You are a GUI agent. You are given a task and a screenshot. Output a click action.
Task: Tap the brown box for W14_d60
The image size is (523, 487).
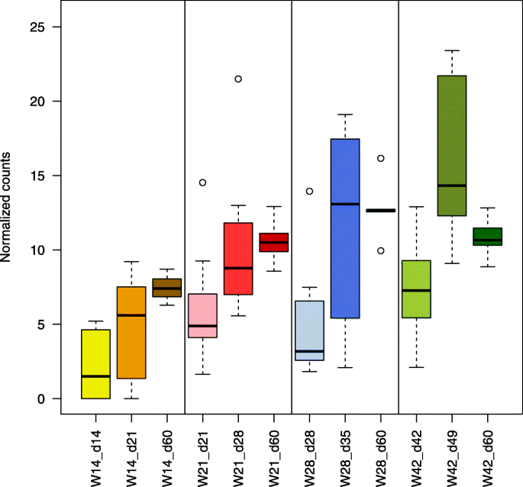[166, 288]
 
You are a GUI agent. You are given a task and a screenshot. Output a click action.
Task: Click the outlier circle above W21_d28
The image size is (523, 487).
[238, 79]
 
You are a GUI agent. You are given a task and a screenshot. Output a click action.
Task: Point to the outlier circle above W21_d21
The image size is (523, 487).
[202, 182]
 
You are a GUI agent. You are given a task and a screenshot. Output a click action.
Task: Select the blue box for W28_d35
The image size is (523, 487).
[345, 228]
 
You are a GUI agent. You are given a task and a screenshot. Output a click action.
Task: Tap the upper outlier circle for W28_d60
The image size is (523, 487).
[380, 158]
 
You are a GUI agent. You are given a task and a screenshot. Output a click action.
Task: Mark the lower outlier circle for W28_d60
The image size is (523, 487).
[380, 250]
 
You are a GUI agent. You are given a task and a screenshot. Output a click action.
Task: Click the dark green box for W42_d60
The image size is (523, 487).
[487, 237]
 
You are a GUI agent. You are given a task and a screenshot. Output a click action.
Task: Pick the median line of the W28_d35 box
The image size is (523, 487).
[345, 204]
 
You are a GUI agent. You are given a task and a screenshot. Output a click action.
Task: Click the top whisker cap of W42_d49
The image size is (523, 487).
[452, 50]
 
